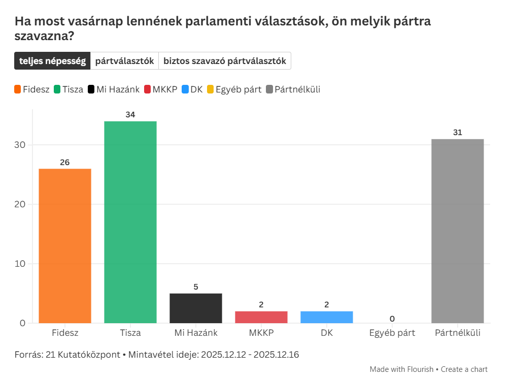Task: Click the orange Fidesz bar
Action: tap(65, 245)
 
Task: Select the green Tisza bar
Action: tap(130, 222)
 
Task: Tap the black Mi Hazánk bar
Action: tap(196, 308)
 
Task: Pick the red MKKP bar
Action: tap(261, 317)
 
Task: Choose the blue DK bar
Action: tap(326, 317)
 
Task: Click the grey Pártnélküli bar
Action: tap(457, 231)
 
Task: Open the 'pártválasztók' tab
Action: tap(124, 61)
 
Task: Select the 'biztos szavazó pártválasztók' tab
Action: tap(225, 61)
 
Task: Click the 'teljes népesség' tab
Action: tap(52, 61)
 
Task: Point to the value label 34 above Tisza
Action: tap(130, 115)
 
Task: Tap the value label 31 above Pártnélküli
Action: tap(457, 133)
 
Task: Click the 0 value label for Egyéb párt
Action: tap(392, 319)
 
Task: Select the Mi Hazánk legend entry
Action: tap(114, 89)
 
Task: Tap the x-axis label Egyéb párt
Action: tap(392, 333)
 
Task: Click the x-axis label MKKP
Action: tap(261, 333)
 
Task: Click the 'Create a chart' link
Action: tap(464, 369)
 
